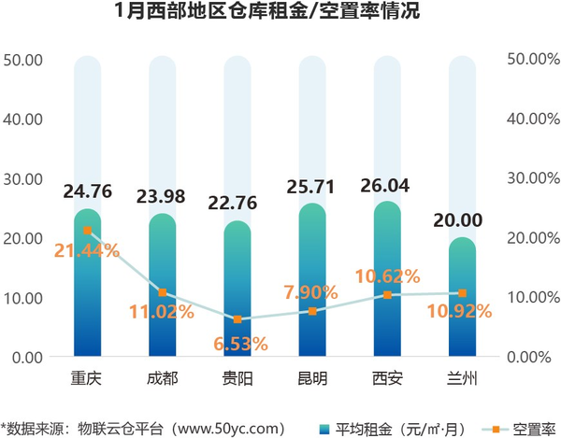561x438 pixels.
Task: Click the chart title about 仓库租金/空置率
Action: tap(280, 13)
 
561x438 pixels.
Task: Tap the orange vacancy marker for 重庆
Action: tap(87, 230)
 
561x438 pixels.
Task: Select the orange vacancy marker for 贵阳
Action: tap(237, 318)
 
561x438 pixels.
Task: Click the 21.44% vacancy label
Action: tap(86, 250)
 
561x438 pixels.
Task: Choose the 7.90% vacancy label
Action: tap(312, 293)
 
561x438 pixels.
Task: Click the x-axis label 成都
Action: tap(162, 379)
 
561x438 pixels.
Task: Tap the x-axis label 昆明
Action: tap(312, 379)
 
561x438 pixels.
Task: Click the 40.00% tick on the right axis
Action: tap(532, 120)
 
